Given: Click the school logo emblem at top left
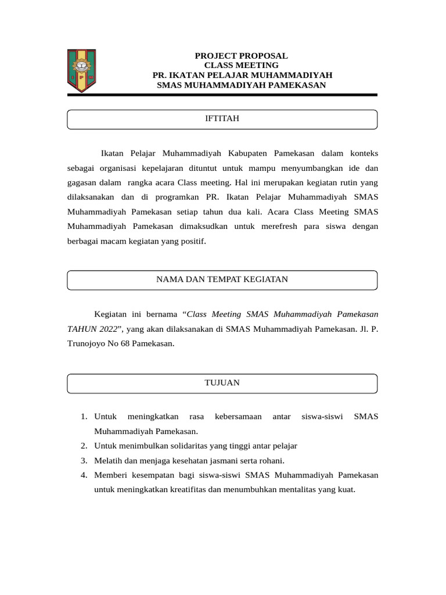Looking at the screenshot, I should click(x=81, y=71).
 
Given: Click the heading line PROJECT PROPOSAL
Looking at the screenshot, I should click(x=241, y=56).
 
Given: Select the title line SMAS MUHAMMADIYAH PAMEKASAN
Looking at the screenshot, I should click(x=241, y=85).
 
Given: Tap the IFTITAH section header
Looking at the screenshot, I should click(x=222, y=119).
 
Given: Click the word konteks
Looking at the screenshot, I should click(x=364, y=153).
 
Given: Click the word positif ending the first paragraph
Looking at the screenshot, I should click(x=194, y=241).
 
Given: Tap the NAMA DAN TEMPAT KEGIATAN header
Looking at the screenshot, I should click(x=222, y=279).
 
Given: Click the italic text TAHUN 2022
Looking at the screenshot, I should click(x=94, y=329).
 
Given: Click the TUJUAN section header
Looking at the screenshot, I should click(x=222, y=382).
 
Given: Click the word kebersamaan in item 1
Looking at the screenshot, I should click(x=238, y=417).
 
